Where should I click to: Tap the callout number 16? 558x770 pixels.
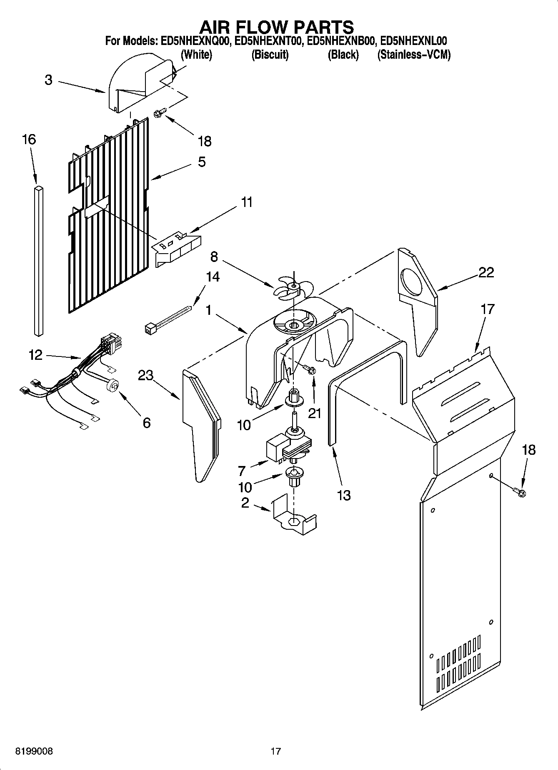(29, 140)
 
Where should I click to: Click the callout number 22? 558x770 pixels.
(486, 272)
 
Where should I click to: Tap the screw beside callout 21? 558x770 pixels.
(310, 369)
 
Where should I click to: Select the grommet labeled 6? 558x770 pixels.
(113, 386)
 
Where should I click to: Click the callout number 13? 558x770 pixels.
(343, 495)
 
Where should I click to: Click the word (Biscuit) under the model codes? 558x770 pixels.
(270, 55)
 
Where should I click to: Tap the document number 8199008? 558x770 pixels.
(34, 751)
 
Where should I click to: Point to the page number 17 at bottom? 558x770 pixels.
(275, 751)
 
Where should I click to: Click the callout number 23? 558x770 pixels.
(146, 375)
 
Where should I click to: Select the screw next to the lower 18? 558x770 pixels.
(520, 493)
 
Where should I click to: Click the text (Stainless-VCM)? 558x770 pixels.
(413, 55)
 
